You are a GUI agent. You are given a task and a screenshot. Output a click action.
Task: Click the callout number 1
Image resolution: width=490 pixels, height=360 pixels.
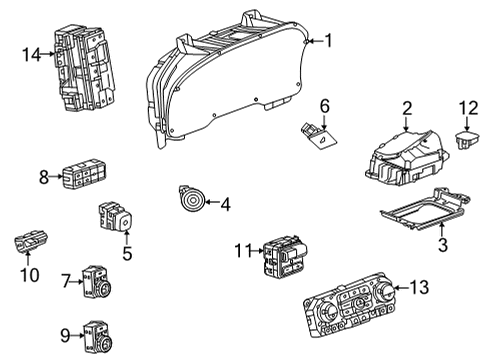329,41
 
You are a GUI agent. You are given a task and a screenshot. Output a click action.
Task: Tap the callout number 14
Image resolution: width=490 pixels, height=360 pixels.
32,54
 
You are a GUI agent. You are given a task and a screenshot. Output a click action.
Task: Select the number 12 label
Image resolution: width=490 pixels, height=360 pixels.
469,108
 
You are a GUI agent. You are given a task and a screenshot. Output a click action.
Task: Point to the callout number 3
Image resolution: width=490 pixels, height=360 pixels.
443,244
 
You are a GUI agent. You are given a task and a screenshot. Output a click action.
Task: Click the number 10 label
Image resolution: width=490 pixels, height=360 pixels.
30,275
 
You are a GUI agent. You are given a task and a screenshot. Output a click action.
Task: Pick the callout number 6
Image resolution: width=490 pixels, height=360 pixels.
325,106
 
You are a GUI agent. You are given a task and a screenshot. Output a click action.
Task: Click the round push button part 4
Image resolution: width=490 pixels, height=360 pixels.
192,199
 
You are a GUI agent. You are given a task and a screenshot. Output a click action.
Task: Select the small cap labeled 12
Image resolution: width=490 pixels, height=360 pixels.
467,140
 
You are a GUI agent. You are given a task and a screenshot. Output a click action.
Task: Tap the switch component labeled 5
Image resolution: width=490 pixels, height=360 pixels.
115,216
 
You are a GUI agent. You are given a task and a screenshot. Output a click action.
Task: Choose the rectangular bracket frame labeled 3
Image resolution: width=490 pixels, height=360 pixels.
426,209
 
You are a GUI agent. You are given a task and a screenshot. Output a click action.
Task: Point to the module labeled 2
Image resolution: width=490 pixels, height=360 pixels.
407,158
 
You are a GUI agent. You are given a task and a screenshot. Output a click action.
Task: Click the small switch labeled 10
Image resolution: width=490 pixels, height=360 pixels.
30,241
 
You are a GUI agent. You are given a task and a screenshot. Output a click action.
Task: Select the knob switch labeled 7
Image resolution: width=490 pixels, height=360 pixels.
97,282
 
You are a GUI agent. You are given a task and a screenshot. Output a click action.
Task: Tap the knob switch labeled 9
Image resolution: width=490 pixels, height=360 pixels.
97,337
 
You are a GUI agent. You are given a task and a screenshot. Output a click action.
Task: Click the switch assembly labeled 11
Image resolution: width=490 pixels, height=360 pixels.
285,256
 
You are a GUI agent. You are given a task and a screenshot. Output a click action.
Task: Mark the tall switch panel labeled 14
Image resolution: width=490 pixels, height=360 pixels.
84,67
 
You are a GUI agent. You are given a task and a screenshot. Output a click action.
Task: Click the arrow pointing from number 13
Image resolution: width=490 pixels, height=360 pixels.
401,287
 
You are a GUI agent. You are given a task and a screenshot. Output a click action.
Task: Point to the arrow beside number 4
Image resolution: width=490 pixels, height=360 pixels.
212,202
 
